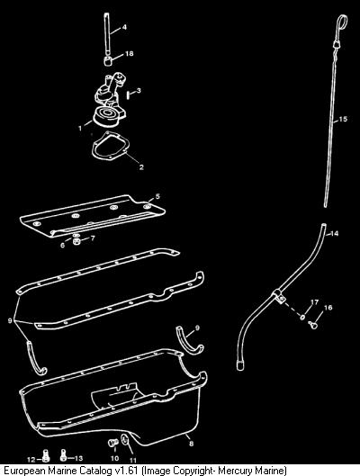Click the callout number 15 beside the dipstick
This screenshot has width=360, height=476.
[x=343, y=119]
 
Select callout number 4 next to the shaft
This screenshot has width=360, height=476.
[x=124, y=27]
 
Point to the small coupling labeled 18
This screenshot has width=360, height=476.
[x=108, y=60]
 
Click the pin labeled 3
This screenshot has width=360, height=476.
[x=128, y=94]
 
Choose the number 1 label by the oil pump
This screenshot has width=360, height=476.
[x=80, y=128]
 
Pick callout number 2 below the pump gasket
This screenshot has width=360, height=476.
[x=141, y=167]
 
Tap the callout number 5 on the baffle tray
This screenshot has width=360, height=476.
[x=157, y=196]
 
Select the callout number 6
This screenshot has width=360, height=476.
[x=62, y=246]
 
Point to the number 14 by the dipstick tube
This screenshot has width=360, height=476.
[x=334, y=233]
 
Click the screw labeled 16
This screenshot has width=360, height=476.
[x=312, y=325]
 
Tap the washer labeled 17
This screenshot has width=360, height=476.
[x=302, y=317]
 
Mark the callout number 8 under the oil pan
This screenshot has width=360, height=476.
[x=191, y=444]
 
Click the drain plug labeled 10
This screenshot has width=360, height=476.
[x=112, y=444]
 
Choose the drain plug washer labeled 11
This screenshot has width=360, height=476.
[x=125, y=441]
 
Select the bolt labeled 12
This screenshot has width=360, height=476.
[x=46, y=454]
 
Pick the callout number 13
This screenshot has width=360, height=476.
[x=78, y=458]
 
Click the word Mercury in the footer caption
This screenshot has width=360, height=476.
[x=235, y=471]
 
